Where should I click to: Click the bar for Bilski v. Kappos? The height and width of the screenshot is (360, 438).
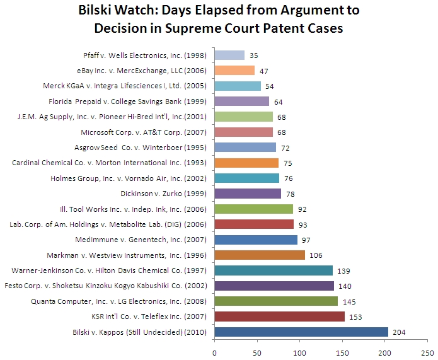(301, 332)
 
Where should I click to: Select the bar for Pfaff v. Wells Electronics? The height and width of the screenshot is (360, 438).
(229, 55)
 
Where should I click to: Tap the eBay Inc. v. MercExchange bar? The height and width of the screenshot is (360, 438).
(234, 70)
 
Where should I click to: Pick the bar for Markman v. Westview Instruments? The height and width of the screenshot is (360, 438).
(260, 255)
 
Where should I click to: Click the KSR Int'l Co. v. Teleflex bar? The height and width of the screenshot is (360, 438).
(279, 316)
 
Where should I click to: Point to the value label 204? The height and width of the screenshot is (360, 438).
(398, 332)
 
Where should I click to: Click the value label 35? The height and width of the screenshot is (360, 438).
(254, 55)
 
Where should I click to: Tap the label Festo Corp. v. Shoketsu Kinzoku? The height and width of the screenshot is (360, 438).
(111, 286)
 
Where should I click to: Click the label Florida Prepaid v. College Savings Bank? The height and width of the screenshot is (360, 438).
(129, 101)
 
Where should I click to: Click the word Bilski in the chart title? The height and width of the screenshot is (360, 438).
(100, 11)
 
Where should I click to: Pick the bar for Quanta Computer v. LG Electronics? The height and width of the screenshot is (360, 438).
(276, 301)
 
